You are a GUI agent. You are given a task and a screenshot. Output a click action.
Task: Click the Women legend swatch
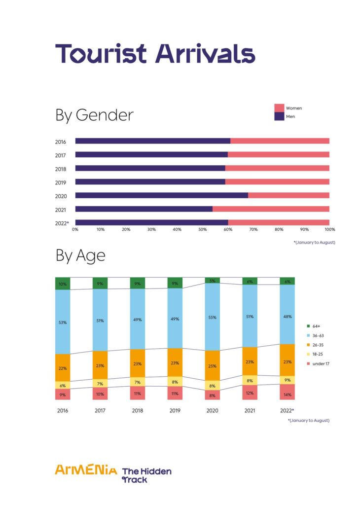279,108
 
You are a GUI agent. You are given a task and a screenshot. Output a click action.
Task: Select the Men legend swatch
279,116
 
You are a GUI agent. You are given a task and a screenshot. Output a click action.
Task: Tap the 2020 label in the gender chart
61,195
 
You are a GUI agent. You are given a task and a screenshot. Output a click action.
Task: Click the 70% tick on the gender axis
253,229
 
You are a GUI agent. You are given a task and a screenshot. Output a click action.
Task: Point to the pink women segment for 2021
271,209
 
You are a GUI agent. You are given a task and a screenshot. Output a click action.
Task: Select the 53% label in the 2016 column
63,322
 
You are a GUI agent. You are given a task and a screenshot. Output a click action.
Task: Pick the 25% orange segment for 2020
212,365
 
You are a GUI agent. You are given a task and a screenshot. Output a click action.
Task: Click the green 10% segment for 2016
63,284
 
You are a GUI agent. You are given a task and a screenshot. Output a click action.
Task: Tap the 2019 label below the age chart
175,410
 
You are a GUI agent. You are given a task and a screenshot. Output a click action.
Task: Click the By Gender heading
94,115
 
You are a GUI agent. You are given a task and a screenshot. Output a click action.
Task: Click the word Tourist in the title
102,53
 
